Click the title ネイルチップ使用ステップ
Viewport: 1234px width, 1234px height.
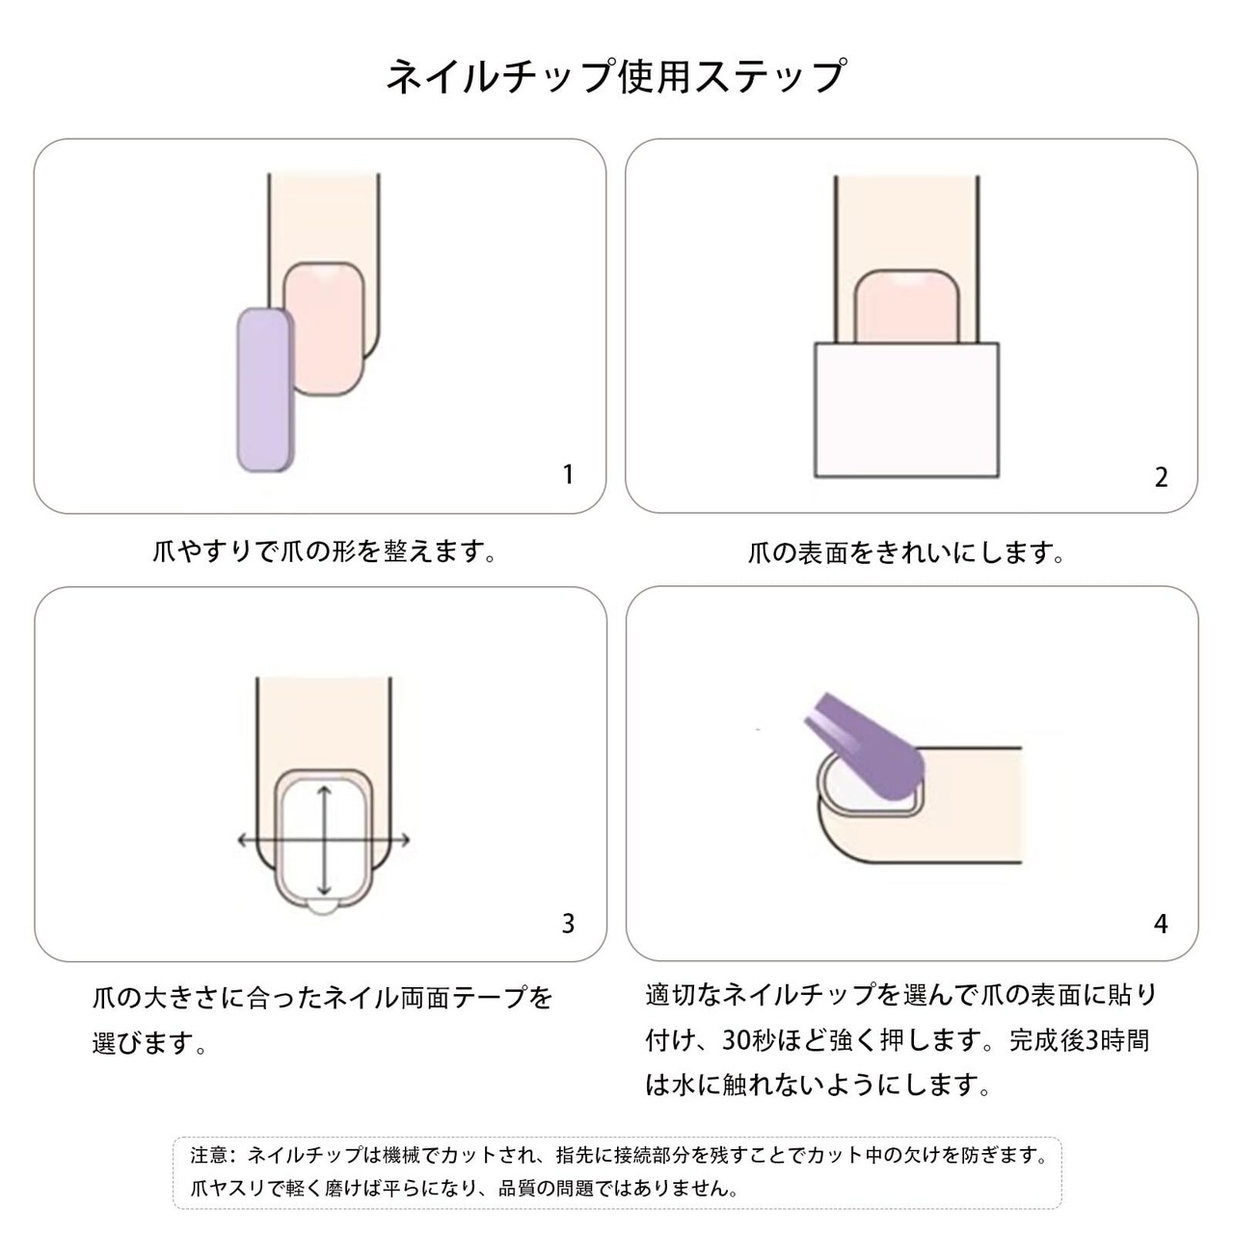point(616,77)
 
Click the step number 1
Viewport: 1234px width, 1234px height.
point(568,474)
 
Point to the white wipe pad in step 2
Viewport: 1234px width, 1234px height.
point(906,410)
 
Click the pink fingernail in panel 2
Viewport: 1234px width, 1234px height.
point(907,307)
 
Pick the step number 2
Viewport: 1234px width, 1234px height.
point(1161,478)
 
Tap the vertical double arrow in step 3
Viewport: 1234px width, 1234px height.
point(325,841)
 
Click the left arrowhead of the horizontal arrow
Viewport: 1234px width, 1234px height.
point(243,840)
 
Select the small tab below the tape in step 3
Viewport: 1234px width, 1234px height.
point(323,907)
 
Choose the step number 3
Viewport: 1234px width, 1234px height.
point(568,924)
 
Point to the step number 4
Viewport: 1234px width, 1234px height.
point(1161,924)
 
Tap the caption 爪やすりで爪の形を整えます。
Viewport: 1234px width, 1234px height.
point(325,551)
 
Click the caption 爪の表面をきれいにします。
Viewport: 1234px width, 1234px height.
point(906,552)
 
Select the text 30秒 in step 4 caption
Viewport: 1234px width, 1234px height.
point(749,1041)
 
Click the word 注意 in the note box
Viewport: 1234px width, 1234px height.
point(209,1155)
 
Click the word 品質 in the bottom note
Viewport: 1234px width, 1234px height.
point(518,1190)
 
